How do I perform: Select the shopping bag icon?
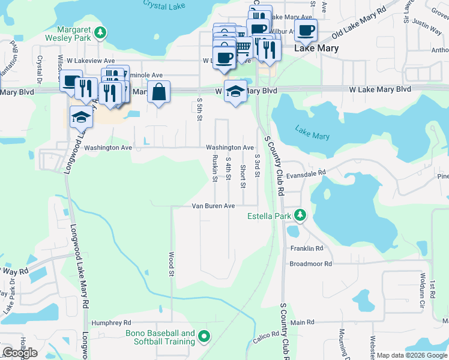[x=159, y=92]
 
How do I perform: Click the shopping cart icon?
[x=243, y=46]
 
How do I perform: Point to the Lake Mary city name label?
[x=316, y=48]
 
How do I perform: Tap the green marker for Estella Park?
[x=300, y=215]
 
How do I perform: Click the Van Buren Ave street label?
[x=213, y=206]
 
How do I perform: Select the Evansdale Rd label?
[x=306, y=172]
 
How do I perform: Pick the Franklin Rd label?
[x=307, y=248]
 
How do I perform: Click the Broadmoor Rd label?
[x=310, y=263]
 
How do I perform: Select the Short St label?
[x=243, y=176]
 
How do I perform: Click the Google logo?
[x=20, y=353]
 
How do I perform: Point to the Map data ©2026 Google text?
[x=412, y=355]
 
